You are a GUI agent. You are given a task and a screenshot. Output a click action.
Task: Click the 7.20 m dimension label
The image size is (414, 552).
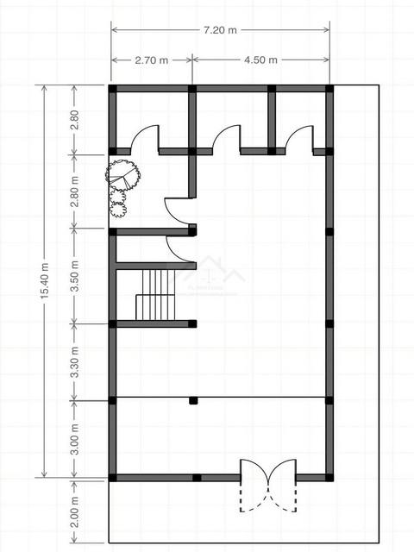pos(220,30)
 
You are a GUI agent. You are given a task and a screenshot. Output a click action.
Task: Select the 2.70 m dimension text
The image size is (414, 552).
pos(152,60)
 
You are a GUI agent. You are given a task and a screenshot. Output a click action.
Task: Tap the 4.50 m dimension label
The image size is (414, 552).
pos(260,60)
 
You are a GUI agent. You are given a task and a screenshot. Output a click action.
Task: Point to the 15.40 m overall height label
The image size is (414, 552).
pos(44,281)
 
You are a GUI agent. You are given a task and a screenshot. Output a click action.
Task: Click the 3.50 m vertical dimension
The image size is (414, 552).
pos(75,276)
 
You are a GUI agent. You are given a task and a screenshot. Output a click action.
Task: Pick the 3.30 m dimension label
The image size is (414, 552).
pos(75,362)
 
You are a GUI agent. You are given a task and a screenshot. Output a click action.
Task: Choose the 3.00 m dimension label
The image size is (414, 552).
pos(75,439)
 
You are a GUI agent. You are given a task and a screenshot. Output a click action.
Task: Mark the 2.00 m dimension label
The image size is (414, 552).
pos(75,512)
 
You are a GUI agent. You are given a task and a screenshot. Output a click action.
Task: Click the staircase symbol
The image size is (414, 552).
pos(155,295)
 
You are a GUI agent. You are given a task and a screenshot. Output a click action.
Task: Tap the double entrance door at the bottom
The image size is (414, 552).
pos(268,485)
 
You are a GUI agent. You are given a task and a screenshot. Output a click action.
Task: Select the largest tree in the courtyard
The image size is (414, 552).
pos(122,175)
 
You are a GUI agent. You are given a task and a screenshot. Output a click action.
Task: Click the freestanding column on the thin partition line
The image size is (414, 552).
pos(193,400)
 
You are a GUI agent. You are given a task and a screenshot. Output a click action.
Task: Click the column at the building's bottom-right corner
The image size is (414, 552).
pos(329,478)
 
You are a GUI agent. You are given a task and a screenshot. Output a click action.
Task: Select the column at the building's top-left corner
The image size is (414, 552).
pos(112,88)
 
